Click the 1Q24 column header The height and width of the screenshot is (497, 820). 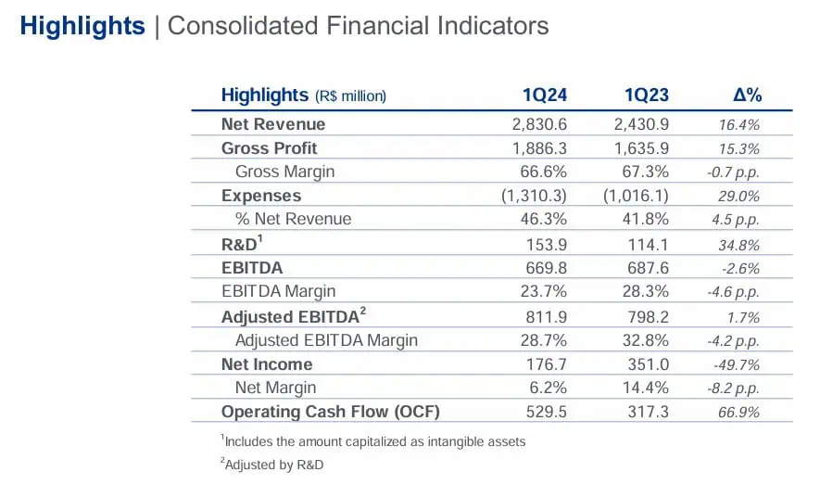point(545,96)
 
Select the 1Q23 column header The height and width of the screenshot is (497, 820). point(647,96)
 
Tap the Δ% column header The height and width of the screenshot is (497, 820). point(748,96)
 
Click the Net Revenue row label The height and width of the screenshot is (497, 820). point(273,124)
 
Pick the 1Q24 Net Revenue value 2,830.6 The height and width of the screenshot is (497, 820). point(539,124)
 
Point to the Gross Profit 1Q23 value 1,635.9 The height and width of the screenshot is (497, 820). point(641,148)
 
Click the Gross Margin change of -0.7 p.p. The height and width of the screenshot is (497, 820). point(733,172)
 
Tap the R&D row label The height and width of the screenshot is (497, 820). point(242,243)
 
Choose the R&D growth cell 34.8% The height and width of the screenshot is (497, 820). point(738,245)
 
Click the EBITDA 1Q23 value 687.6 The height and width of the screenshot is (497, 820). point(648,268)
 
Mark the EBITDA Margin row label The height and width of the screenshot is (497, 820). point(278,291)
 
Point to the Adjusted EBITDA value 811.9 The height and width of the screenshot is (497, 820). point(546,317)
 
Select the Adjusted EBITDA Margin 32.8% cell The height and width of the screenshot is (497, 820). point(645,340)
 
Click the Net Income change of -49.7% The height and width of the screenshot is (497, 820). point(737,364)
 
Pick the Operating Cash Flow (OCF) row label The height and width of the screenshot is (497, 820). point(331,412)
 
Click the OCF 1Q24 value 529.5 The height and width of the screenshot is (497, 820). point(546,412)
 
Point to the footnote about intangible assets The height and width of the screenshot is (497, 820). point(372,441)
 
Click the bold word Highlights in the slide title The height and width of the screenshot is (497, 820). point(82,26)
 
